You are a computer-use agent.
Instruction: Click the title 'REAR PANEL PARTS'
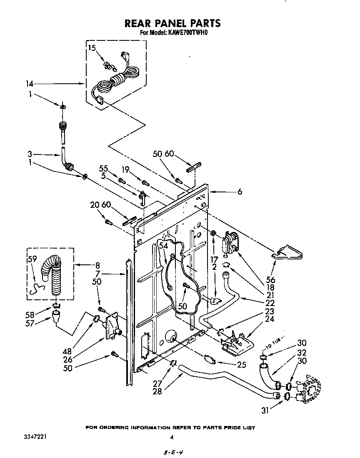pyautogui.click(x=172, y=23)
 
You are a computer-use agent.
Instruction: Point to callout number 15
pyautogui.click(x=92, y=48)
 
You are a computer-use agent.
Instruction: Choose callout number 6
pyautogui.click(x=240, y=192)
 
